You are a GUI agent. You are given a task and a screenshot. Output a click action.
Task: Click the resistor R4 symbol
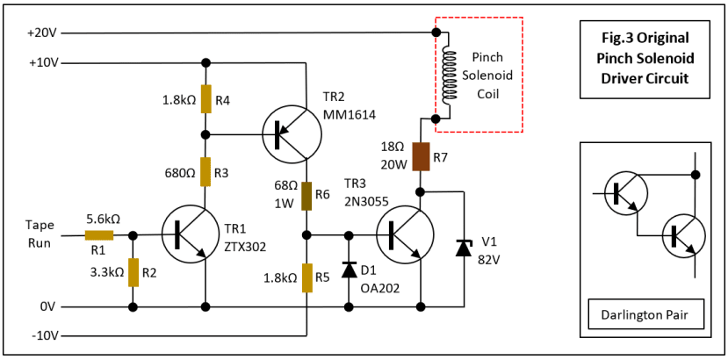tap(205, 99)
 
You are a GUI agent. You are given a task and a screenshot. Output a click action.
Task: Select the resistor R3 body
tap(205, 171)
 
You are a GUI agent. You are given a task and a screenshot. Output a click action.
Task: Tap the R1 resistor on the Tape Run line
tap(99, 235)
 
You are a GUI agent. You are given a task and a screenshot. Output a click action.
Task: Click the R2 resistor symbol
tap(133, 272)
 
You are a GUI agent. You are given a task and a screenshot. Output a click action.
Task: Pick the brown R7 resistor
tap(421, 155)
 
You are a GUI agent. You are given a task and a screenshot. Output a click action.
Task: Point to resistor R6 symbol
tap(306, 196)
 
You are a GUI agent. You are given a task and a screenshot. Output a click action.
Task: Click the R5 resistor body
tap(306, 277)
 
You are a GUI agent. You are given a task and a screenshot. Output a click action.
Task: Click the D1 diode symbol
tap(349, 270)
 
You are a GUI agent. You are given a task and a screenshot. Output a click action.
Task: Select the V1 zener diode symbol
tap(463, 248)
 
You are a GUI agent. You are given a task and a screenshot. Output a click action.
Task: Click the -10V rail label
tap(43, 336)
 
